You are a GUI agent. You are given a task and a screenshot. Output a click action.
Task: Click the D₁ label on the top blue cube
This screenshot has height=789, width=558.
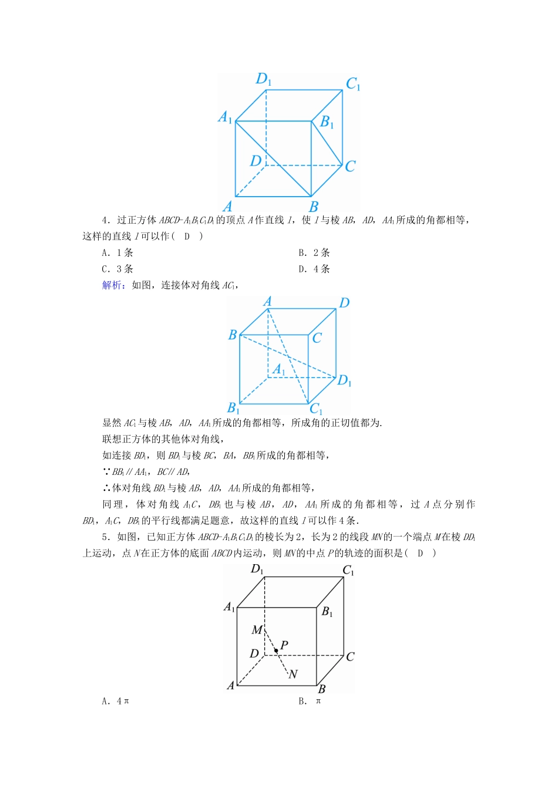(x=263, y=79)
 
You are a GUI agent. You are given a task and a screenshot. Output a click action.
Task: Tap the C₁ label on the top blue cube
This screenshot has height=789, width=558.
(x=353, y=85)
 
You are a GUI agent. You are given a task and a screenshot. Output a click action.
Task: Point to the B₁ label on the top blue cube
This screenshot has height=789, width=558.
(x=327, y=122)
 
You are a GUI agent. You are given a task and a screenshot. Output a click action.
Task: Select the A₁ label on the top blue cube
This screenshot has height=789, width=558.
(x=226, y=117)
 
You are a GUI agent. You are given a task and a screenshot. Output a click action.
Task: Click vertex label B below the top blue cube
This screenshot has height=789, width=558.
(x=314, y=207)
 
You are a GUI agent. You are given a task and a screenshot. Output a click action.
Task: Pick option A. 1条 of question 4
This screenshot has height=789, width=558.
(x=117, y=253)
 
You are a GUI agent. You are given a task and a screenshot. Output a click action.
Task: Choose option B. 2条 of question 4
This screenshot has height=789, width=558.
(x=314, y=253)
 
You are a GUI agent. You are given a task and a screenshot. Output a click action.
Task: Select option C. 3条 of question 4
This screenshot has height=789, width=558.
(x=117, y=269)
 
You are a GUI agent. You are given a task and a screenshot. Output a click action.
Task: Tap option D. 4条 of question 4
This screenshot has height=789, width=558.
(x=314, y=269)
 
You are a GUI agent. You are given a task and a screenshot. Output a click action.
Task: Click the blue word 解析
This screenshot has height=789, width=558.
(x=112, y=285)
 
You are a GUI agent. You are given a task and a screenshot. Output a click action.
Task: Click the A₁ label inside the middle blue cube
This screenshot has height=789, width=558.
(x=279, y=370)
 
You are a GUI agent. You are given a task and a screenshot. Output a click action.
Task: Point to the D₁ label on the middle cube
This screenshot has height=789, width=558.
(x=344, y=381)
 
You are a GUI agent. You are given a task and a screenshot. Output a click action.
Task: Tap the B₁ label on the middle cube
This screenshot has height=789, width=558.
(x=233, y=407)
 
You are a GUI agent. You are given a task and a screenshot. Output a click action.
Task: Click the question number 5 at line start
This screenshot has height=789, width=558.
(x=106, y=537)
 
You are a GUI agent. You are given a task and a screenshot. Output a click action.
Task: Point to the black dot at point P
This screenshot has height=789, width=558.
(x=275, y=650)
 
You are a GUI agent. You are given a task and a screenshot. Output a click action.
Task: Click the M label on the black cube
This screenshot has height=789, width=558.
(x=257, y=630)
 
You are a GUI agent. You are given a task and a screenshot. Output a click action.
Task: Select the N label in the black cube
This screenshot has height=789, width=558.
(x=293, y=675)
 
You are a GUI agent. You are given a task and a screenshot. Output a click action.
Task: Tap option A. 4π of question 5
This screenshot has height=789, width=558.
(x=115, y=701)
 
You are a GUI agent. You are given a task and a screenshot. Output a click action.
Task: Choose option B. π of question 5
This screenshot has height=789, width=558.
(x=310, y=701)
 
